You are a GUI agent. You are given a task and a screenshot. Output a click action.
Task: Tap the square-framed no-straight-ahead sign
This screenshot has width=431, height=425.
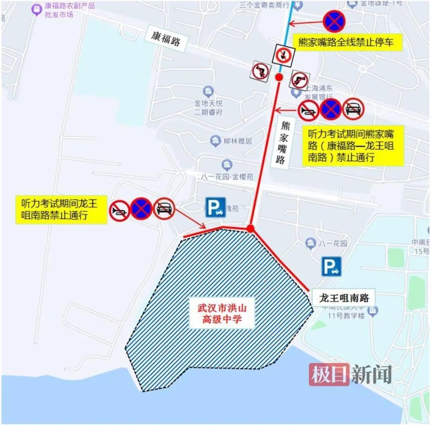coord(283,55)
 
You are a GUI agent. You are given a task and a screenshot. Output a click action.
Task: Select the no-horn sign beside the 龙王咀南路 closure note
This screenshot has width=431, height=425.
coord(119,210)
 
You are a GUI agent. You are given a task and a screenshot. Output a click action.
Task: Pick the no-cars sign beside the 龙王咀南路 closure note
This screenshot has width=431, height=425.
coord(164,208)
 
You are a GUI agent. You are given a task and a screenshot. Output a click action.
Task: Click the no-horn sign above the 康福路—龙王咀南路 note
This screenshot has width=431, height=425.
coord(308,109)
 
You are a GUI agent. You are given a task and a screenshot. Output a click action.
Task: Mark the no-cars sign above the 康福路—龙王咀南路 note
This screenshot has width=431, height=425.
coord(354,109)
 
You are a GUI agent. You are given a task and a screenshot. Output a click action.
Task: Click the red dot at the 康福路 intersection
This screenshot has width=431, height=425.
coord(280,77)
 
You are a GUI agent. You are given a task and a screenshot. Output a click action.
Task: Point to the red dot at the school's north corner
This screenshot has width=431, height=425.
coord(250,228)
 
